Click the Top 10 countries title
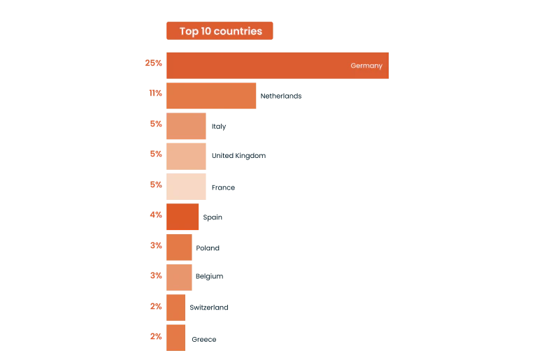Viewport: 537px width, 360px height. (220, 31)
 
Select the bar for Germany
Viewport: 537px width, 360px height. (278, 66)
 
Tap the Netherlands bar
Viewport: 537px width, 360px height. (211, 96)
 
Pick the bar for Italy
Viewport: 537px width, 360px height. (186, 126)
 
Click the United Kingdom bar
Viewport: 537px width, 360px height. (186, 156)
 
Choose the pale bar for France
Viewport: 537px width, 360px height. (186, 187)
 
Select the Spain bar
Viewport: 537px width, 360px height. (182, 217)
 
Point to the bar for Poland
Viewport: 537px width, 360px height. (179, 247)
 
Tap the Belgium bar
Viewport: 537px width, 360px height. (179, 277)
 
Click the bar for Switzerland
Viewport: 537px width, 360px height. (176, 308)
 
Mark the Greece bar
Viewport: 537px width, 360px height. (176, 338)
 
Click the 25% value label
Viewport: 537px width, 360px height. (153, 63)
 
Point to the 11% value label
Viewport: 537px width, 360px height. (155, 93)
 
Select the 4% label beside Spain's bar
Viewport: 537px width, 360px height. (156, 215)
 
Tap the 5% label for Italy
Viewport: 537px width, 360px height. (156, 124)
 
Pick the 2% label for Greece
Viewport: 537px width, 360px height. (156, 336)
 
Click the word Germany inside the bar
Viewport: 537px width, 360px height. (366, 66)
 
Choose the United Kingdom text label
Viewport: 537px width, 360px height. (238, 156)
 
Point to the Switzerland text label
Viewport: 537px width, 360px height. (209, 308)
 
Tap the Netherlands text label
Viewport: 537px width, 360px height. (281, 96)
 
